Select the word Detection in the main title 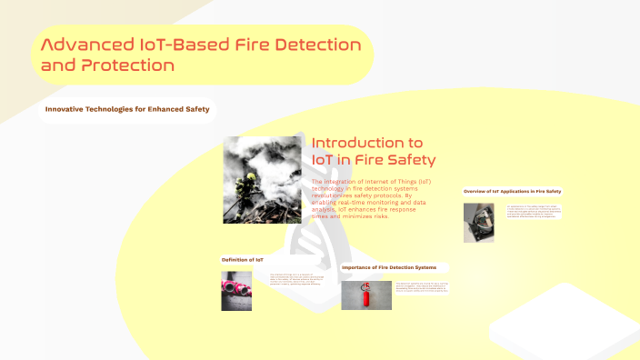(x=306, y=44)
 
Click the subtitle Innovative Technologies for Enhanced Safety (x=127, y=110)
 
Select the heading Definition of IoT (x=243, y=260)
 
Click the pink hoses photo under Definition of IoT (x=235, y=292)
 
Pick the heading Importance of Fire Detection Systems (x=395, y=267)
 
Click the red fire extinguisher (x=367, y=295)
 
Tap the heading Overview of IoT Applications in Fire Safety (x=512, y=191)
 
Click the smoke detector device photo (x=478, y=222)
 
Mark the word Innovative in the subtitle (x=66, y=110)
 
